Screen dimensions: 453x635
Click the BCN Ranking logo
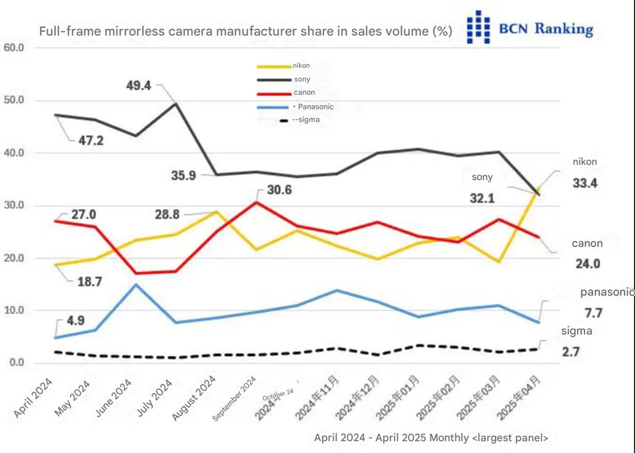[x=529, y=28]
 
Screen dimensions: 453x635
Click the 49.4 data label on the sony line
[x=139, y=86]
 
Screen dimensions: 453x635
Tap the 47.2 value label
[x=91, y=141]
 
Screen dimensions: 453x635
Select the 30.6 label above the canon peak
[x=279, y=190]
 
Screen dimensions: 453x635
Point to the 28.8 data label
[x=167, y=214]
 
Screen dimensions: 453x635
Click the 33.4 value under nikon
[x=585, y=183]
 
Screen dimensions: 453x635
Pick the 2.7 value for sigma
[x=571, y=351]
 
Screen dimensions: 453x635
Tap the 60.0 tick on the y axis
[x=14, y=47]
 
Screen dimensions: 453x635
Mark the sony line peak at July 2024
[x=176, y=103]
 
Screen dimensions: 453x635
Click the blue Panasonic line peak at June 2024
[x=136, y=284]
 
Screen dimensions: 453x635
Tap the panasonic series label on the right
[x=607, y=292]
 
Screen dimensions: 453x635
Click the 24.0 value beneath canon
[x=588, y=264]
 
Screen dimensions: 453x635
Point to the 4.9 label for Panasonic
[x=75, y=321]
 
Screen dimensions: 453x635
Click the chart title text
[x=245, y=31]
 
